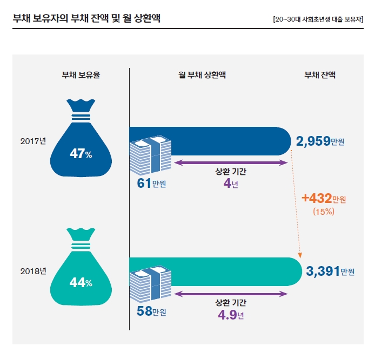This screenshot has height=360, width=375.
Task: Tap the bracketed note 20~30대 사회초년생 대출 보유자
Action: [318, 19]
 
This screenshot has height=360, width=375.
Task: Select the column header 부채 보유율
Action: [81, 75]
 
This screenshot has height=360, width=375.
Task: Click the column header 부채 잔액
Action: [320, 75]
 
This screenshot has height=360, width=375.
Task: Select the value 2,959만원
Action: [320, 142]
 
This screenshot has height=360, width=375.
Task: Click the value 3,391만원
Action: [330, 271]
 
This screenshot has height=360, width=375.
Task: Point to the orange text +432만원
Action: [323, 199]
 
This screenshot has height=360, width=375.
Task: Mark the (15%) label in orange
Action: [323, 212]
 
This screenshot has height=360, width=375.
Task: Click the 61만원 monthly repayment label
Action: [151, 184]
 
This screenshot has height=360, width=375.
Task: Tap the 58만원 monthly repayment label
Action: [151, 312]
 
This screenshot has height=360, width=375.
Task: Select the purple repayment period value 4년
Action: [231, 184]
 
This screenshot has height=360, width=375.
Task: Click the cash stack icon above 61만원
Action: [150, 154]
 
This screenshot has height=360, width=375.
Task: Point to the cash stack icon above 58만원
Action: [150, 283]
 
